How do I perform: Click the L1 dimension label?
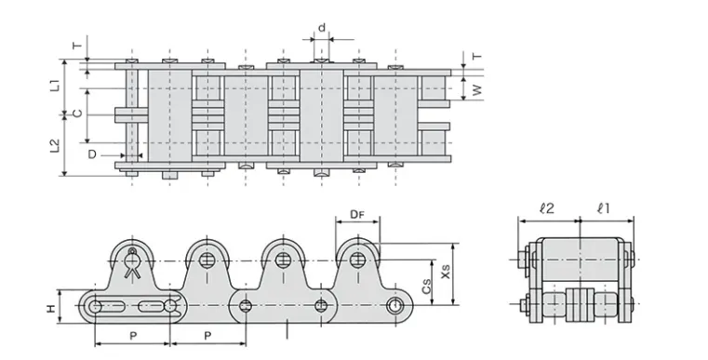tap(55, 86)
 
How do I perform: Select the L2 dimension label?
tap(55, 146)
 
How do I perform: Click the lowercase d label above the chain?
tap(322, 28)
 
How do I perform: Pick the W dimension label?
tap(477, 90)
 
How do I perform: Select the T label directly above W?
tap(477, 57)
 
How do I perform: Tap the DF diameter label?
tap(356, 215)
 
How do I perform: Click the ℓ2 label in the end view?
tap(548, 209)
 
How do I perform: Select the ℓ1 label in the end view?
tap(603, 209)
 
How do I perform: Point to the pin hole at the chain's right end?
tap(397, 306)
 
